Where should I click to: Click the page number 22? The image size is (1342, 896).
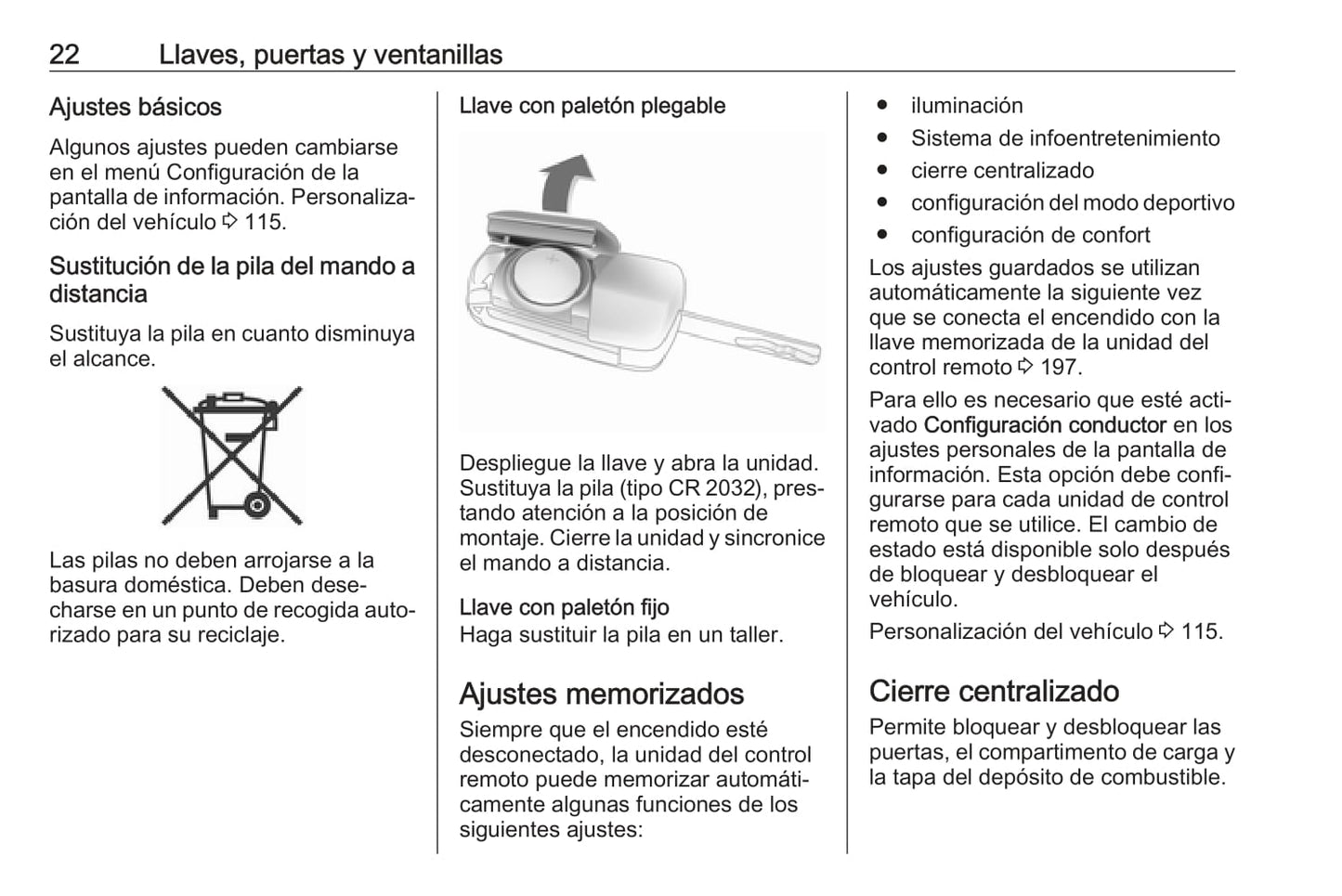coord(64,55)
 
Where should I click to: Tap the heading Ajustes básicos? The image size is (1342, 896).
coord(136,108)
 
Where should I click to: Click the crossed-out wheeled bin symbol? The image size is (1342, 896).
coord(232,456)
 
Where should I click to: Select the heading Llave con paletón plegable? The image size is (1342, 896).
coord(593,106)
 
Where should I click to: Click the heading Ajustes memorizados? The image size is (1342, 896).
coord(602,695)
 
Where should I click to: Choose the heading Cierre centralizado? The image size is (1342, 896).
coord(994,692)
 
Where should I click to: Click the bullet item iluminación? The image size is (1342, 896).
coord(967,106)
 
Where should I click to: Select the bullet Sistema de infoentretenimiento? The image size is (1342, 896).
coord(1065,138)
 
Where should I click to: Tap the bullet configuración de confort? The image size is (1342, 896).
coord(1030,236)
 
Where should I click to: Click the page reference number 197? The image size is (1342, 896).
coord(1060,368)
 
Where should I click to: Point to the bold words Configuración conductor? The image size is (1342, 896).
coord(1045,426)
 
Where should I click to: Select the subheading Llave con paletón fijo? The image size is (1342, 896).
coord(565,608)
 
